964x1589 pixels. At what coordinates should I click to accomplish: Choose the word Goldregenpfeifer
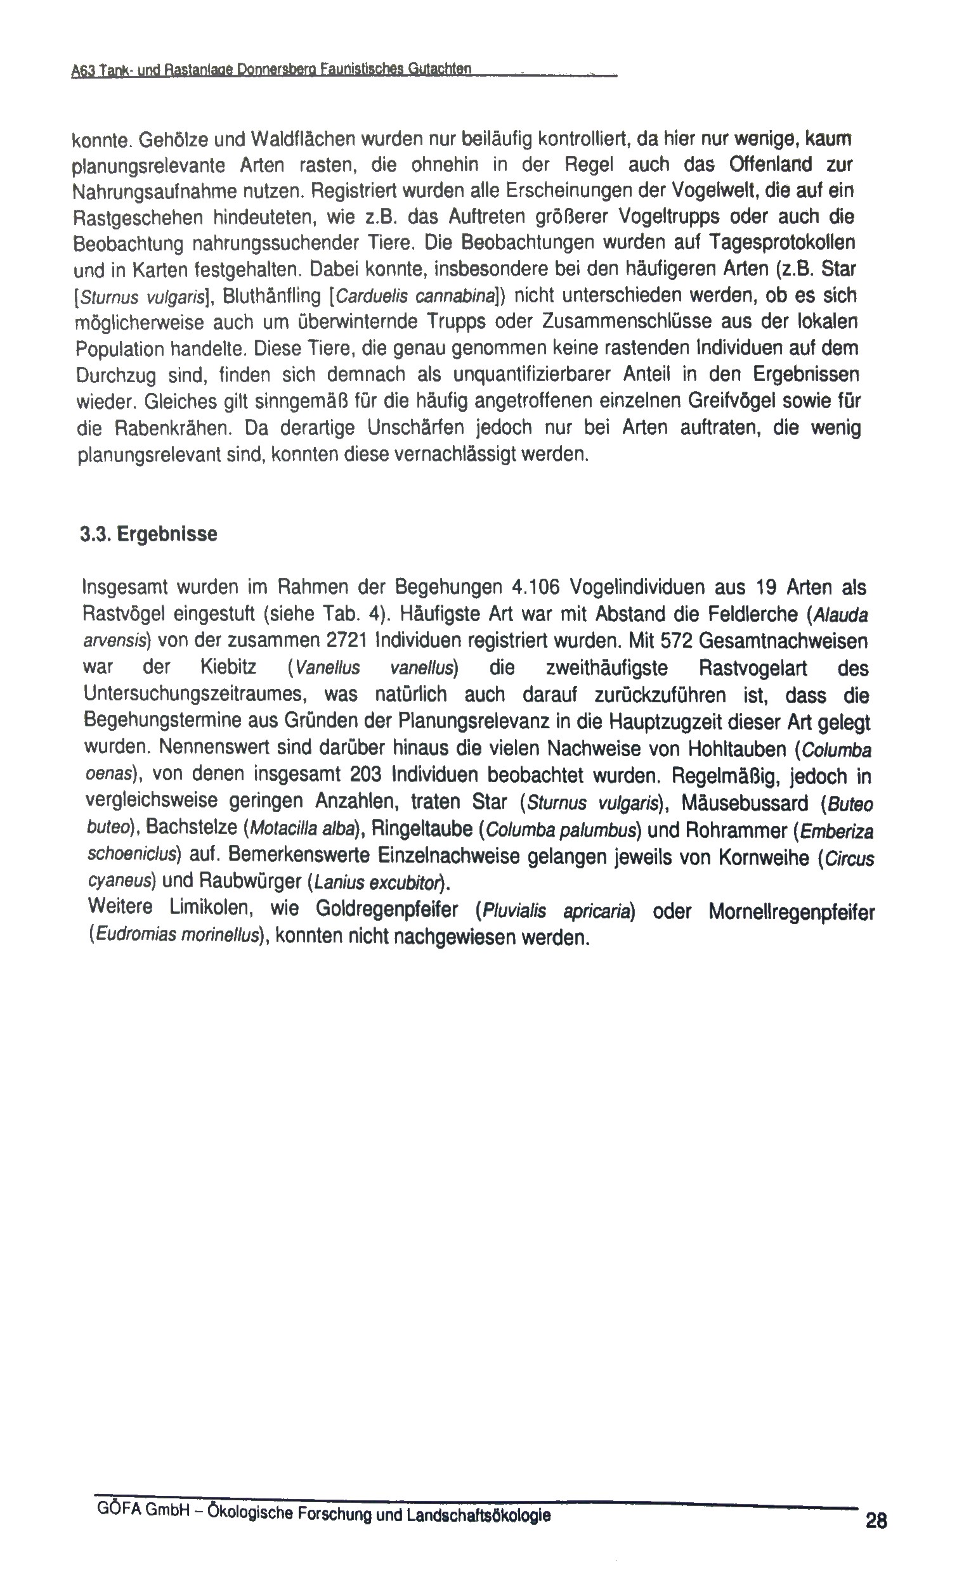click(387, 910)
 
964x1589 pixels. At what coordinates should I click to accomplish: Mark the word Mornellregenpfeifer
click(791, 913)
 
